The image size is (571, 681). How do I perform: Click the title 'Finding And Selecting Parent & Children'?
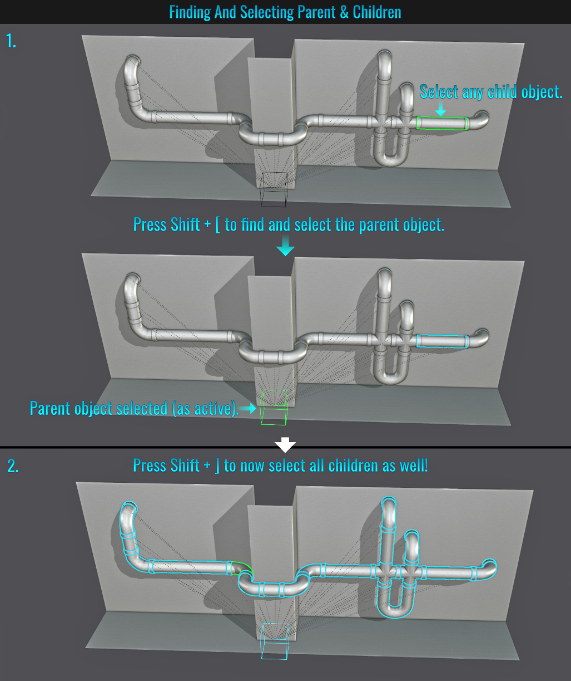point(285,12)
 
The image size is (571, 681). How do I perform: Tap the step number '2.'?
point(13,466)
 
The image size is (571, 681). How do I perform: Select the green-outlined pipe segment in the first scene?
point(443,123)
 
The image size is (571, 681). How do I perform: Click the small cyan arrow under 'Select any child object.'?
point(441,108)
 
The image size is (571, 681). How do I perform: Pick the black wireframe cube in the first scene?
point(274,189)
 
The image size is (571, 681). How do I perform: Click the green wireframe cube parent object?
point(274,408)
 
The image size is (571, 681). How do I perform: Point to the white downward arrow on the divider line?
point(285,444)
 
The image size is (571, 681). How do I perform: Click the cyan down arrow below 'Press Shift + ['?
point(285,246)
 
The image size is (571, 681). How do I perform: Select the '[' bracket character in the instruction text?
point(217,226)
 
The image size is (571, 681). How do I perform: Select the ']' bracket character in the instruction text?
point(217,466)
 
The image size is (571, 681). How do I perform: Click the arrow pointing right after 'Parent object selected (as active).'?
point(247,408)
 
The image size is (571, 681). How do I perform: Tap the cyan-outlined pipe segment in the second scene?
point(443,341)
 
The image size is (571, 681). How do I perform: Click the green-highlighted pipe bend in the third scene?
point(242,567)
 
